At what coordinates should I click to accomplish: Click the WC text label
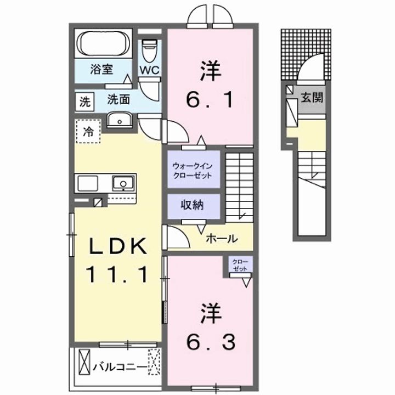tap(149, 70)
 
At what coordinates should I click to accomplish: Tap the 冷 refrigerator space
tap(88, 131)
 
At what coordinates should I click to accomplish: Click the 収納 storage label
tap(193, 206)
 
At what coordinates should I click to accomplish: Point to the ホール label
tap(222, 239)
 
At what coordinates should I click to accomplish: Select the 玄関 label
tap(311, 98)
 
